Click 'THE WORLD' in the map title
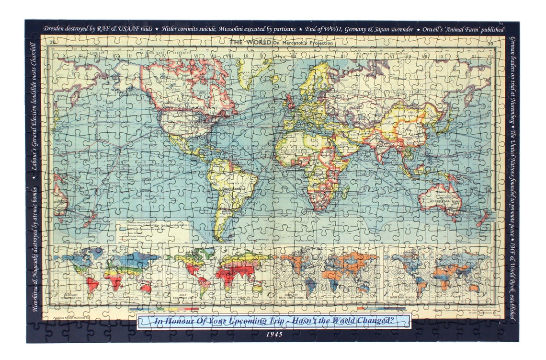point(250,42)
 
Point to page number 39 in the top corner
point(489,44)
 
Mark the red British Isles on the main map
point(290,101)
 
